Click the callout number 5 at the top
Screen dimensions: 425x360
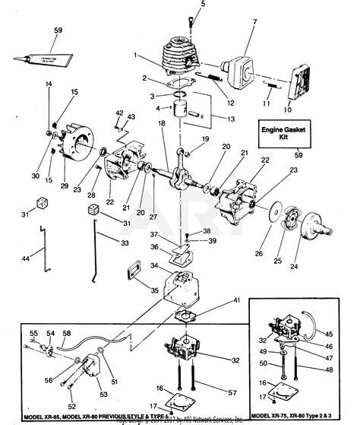coord(182,5)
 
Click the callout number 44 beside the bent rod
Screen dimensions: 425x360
coord(27,260)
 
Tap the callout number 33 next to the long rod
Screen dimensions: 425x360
coord(124,243)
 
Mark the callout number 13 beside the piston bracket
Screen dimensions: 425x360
coord(222,119)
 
